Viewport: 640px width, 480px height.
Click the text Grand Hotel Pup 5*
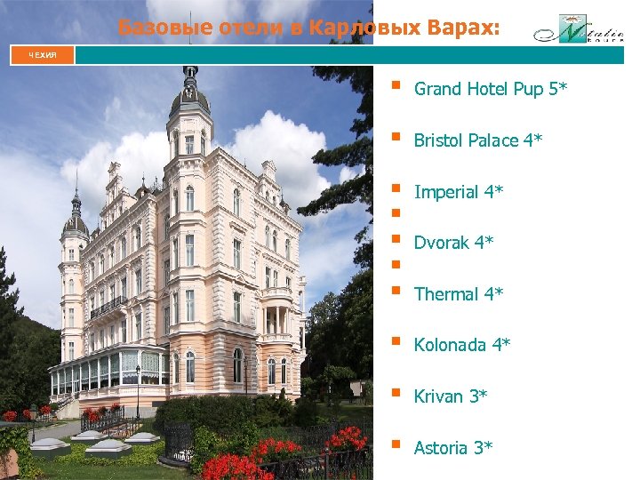tap(491, 90)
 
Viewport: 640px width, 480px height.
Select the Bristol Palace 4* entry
tap(478, 141)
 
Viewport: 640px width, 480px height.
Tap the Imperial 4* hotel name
tap(459, 192)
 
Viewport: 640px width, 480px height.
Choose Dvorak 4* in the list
tap(454, 243)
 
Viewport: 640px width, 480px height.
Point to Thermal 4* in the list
tap(459, 294)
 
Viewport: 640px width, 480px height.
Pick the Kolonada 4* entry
tap(462, 345)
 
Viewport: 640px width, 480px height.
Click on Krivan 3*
tap(451, 396)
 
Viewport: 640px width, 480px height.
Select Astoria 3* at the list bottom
tap(453, 448)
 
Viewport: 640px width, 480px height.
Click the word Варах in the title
tap(462, 28)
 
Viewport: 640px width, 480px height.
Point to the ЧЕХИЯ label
tap(42, 55)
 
